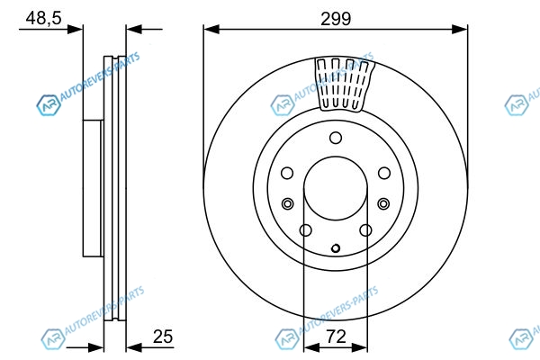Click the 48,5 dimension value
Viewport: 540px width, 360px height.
click(44, 18)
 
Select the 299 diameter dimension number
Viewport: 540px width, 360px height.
click(336, 19)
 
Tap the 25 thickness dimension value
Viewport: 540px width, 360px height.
click(163, 337)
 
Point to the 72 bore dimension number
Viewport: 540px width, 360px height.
click(336, 337)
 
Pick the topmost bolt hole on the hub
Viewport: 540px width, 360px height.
click(336, 138)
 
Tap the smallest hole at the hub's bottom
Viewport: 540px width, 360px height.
click(336, 248)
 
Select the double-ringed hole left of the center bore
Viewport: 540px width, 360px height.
click(288, 203)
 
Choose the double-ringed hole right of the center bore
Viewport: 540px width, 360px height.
click(383, 203)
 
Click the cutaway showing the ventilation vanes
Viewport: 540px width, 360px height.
click(345, 84)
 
